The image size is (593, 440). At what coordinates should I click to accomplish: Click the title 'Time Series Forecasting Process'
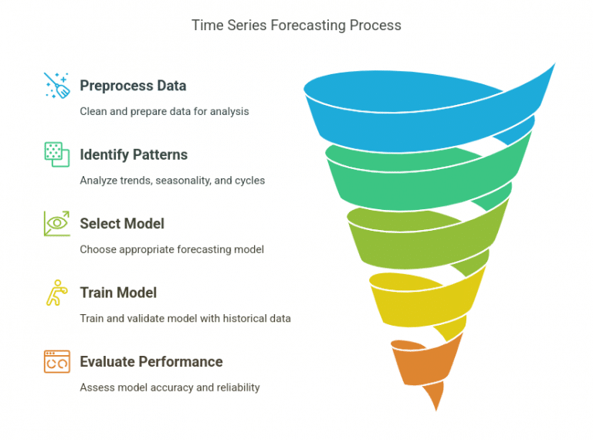point(296,25)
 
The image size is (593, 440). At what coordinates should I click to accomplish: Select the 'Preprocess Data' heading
point(133,86)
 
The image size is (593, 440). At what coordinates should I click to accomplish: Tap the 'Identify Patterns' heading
point(134,154)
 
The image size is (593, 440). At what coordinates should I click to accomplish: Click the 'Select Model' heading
point(122,224)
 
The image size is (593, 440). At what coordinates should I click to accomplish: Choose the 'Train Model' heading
point(118,293)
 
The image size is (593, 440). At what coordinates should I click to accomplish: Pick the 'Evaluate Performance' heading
point(151,361)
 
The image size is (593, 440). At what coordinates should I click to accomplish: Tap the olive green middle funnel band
point(417,235)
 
